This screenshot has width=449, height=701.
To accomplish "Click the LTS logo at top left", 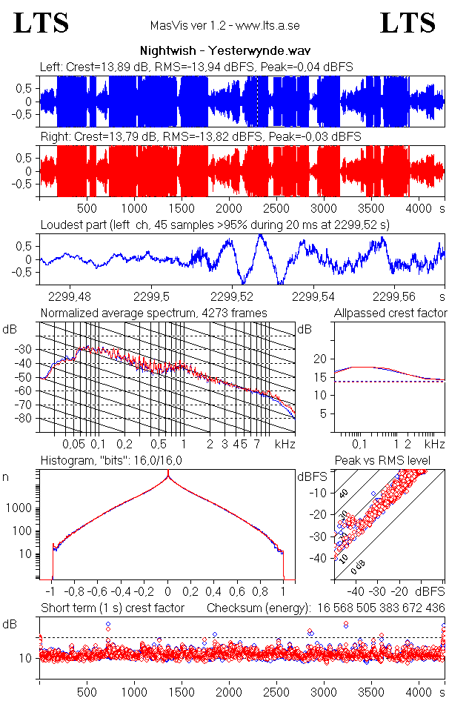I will (41, 23).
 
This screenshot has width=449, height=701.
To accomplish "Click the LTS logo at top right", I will (408, 23).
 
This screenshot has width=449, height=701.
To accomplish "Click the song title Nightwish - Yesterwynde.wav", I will (224, 52).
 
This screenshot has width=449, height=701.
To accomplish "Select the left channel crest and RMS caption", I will (196, 67).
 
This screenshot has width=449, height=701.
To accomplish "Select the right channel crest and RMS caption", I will (200, 137).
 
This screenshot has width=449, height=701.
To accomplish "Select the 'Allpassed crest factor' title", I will (390, 313).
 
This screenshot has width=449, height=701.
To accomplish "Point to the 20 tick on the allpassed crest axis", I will (320, 359).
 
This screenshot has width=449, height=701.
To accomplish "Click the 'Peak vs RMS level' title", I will (393, 461).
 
